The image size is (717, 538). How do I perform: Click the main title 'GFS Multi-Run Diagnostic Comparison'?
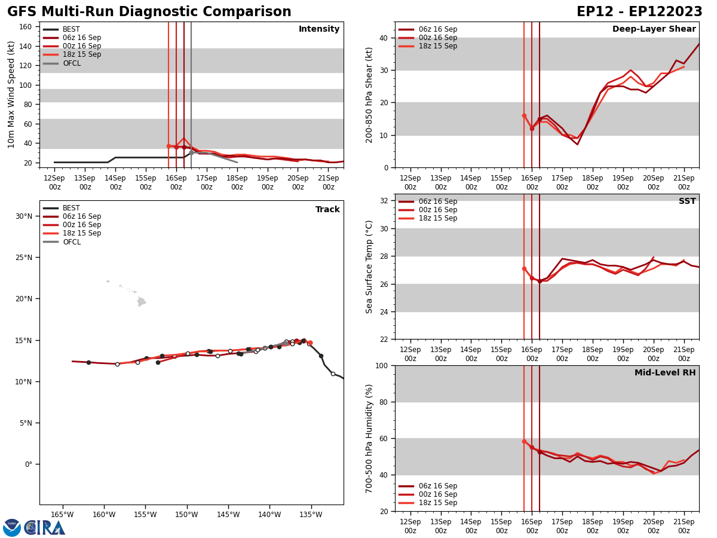click(x=149, y=12)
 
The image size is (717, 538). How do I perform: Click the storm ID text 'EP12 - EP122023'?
click(x=639, y=12)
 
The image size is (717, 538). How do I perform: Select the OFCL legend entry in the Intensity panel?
click(x=71, y=63)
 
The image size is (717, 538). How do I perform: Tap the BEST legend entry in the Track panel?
click(x=71, y=208)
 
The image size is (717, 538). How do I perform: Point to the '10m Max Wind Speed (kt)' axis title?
click(x=11, y=94)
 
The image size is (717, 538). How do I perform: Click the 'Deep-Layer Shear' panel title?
click(x=654, y=29)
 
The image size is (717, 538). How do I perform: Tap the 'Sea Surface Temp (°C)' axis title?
click(x=369, y=267)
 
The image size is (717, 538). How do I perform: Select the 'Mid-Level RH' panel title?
click(x=665, y=373)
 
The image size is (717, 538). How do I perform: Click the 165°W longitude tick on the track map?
click(x=62, y=514)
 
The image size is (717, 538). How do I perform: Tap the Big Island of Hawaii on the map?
click(x=142, y=302)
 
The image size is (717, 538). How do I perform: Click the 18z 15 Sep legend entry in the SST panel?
click(x=437, y=218)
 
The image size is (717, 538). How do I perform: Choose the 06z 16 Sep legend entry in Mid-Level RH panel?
click(x=437, y=486)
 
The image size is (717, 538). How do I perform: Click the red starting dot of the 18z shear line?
click(x=524, y=116)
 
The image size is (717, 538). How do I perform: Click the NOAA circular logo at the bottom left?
click(x=12, y=528)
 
